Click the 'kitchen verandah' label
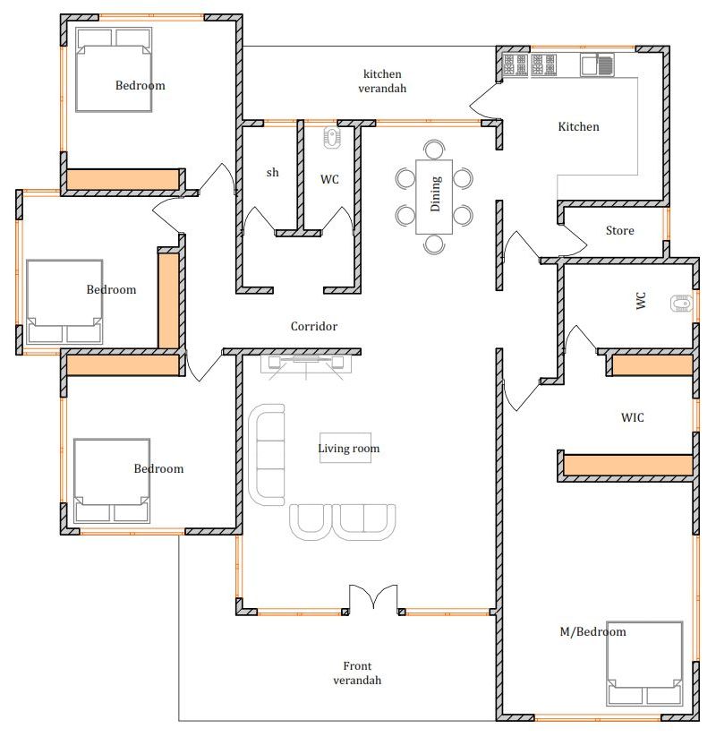click(382, 81)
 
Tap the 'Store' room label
click(619, 231)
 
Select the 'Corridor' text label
click(314, 327)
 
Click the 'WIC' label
click(633, 417)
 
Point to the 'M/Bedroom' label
click(593, 632)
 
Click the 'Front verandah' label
click(357, 673)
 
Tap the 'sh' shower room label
click(272, 172)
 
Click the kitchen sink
click(597, 64)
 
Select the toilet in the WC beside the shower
click(331, 137)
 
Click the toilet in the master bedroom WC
click(681, 304)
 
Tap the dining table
click(434, 197)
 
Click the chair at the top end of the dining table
click(434, 149)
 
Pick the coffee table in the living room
click(345, 448)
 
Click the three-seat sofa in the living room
click(267, 454)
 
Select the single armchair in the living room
click(311, 522)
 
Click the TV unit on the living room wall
click(306, 364)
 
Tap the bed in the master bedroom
click(644, 664)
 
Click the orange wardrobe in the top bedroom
click(123, 179)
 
